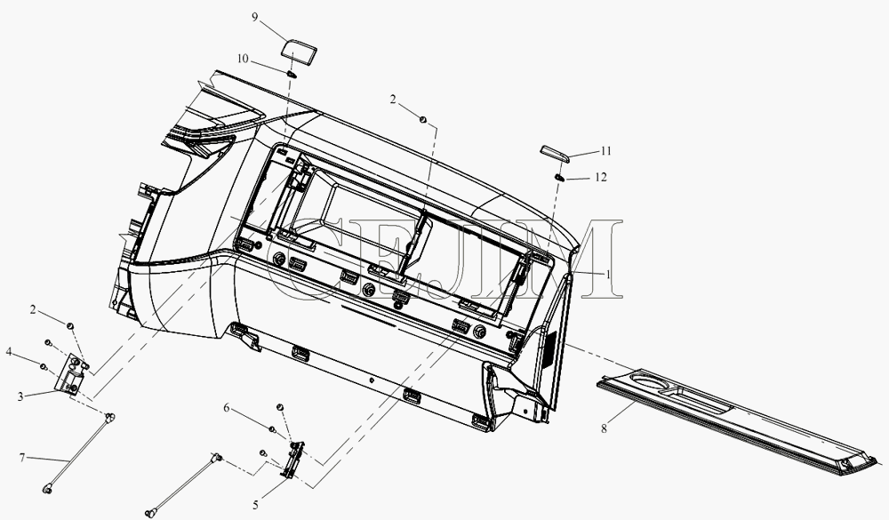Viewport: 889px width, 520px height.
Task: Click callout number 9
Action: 255,17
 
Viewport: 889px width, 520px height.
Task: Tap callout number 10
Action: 243,59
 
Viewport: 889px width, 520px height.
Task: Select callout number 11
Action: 606,151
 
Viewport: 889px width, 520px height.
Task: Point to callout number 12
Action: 601,178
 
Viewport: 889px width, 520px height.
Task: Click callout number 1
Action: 608,275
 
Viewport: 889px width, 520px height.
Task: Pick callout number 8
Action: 604,428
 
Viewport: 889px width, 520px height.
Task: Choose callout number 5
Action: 255,505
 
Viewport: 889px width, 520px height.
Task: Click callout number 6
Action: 226,408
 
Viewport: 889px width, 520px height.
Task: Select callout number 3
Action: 20,396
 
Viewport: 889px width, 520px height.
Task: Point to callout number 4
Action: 9,352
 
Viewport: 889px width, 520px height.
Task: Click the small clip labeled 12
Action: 558,178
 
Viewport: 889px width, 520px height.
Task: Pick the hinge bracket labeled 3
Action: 72,374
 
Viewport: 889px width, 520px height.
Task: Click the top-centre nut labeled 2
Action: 422,119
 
